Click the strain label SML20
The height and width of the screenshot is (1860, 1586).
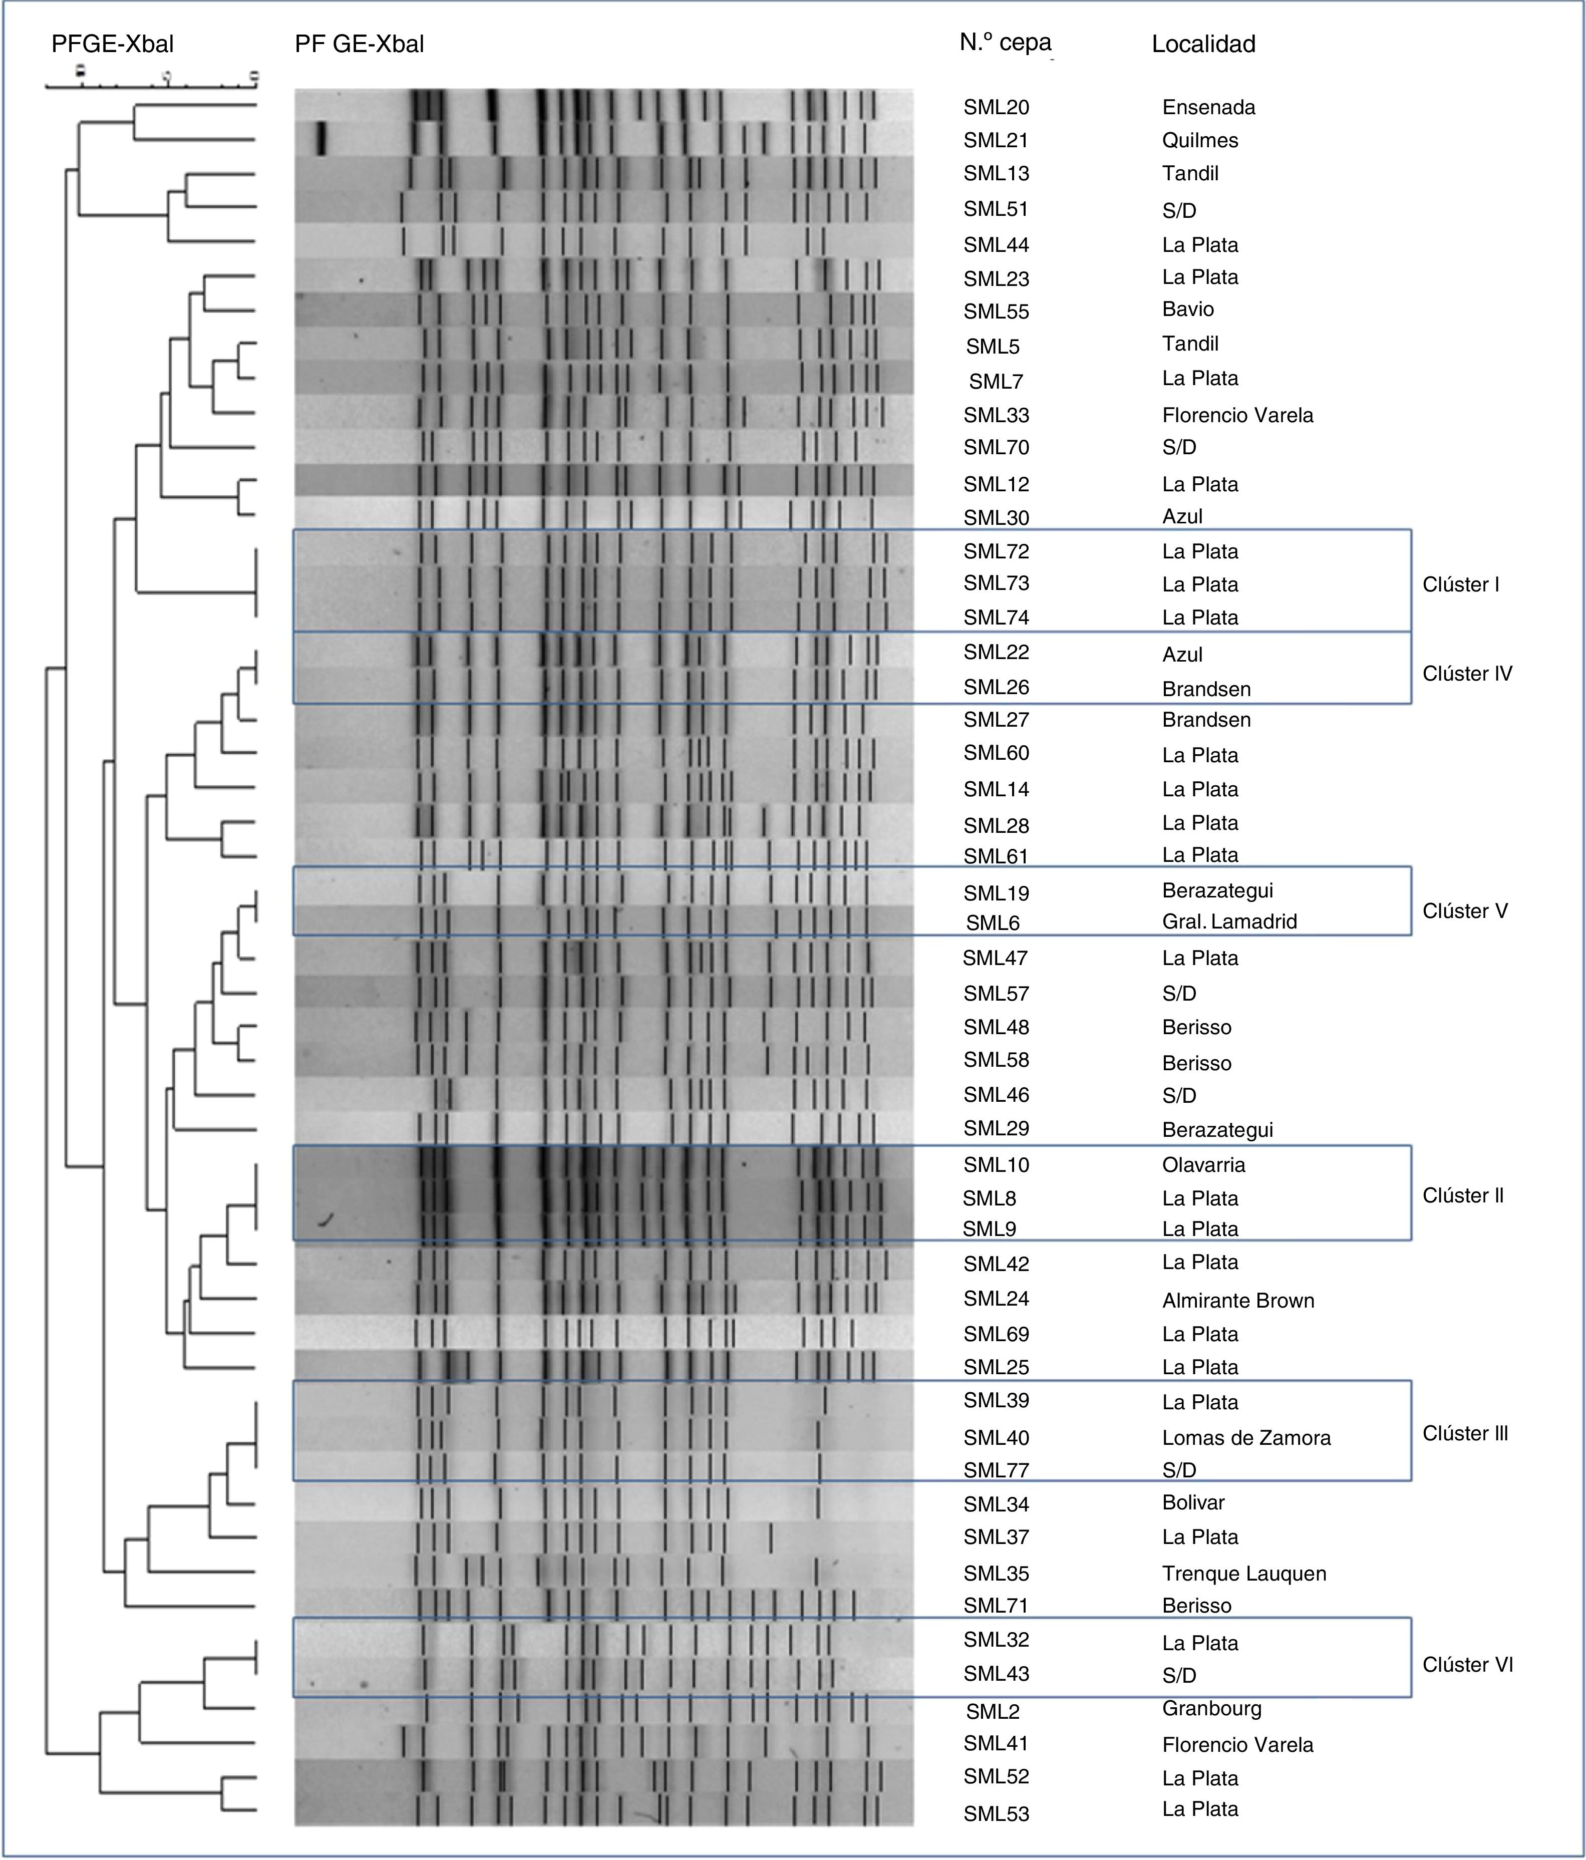pos(996,108)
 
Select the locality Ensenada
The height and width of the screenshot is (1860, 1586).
pos(1208,108)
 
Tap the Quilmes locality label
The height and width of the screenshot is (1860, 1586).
pos(1199,141)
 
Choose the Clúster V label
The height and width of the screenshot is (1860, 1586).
pos(1465,911)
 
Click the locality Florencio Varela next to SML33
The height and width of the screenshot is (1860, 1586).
pos(1237,416)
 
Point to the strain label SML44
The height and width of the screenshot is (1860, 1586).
pos(996,245)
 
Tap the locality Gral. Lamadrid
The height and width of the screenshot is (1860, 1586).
pos(1229,921)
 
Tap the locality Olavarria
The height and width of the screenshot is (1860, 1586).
pos(1203,1165)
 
